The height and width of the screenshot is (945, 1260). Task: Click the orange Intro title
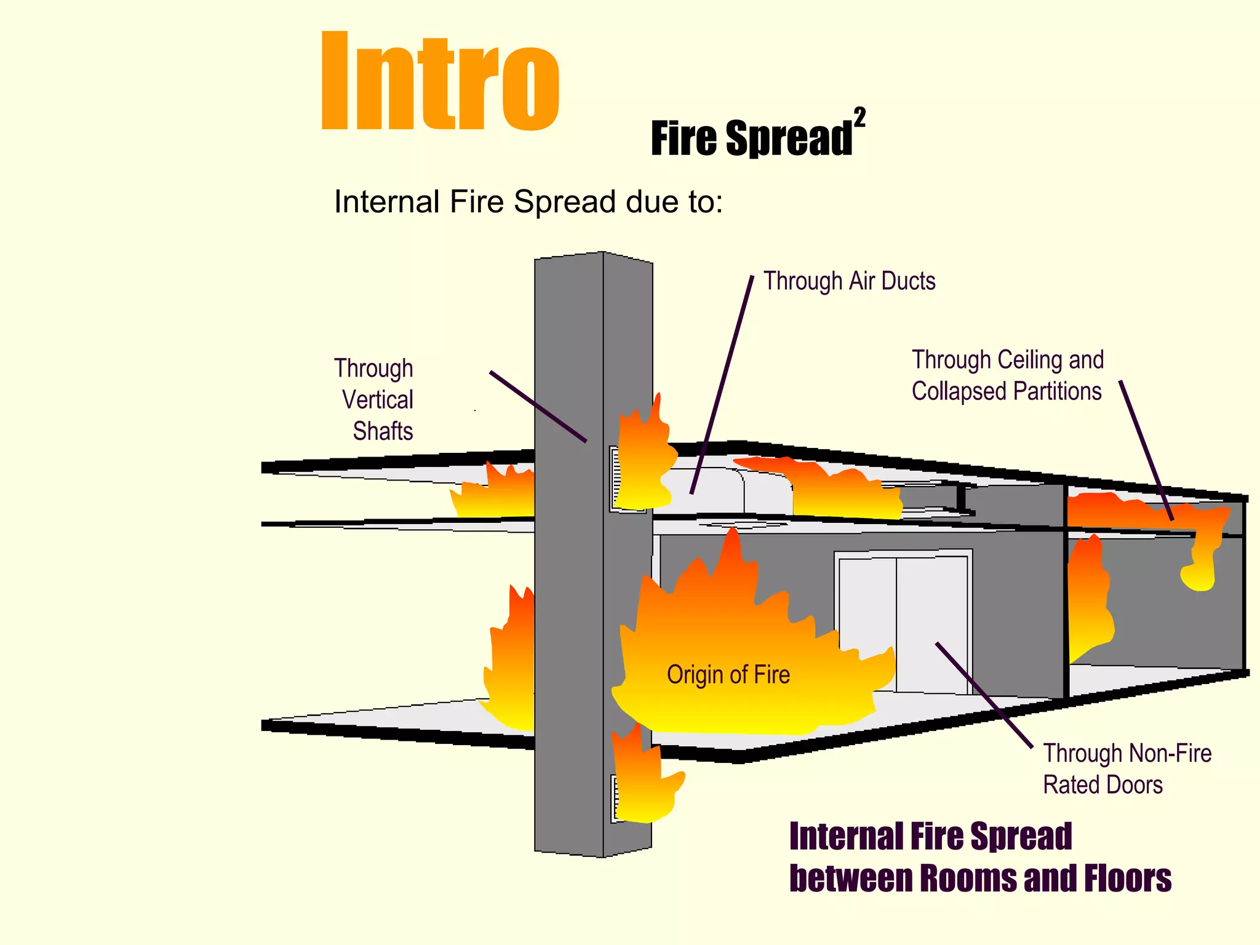[x=439, y=82]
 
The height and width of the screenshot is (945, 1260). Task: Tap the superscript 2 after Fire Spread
[x=859, y=118]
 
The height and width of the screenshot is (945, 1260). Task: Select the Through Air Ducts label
[x=849, y=281]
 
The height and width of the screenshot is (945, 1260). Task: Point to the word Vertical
[x=377, y=400]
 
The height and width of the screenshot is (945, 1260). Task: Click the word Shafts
[x=383, y=431]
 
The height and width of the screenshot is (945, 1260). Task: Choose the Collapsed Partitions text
[x=1007, y=392]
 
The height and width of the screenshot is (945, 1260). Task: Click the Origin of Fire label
[x=728, y=675]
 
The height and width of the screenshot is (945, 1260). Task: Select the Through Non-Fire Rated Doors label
[x=1126, y=769]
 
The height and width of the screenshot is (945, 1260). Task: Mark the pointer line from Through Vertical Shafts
[x=538, y=406]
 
